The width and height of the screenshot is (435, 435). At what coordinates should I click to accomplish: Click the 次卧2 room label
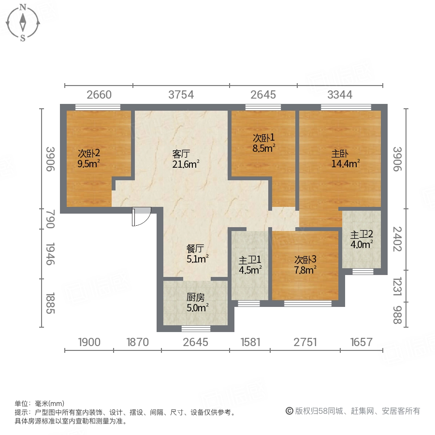coord(89,158)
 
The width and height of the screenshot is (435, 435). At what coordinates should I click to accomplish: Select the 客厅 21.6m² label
coord(186,159)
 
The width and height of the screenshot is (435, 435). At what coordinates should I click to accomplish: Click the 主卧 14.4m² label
coord(345,159)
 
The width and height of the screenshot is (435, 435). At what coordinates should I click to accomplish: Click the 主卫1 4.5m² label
coord(250,264)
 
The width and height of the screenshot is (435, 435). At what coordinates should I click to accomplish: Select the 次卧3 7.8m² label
coord(305,264)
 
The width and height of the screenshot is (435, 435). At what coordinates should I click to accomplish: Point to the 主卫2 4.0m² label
coord(362,239)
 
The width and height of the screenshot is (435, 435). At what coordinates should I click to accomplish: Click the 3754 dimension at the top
coord(181,95)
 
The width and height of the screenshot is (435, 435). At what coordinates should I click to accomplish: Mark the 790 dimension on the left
coord(51,218)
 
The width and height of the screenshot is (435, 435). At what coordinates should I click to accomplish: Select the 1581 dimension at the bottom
coord(250,342)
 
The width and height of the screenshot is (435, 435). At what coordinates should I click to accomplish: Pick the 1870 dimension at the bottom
coord(137,342)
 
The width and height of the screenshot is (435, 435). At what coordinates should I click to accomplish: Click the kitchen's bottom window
coord(196,329)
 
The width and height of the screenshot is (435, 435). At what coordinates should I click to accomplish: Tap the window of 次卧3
coord(308,304)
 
